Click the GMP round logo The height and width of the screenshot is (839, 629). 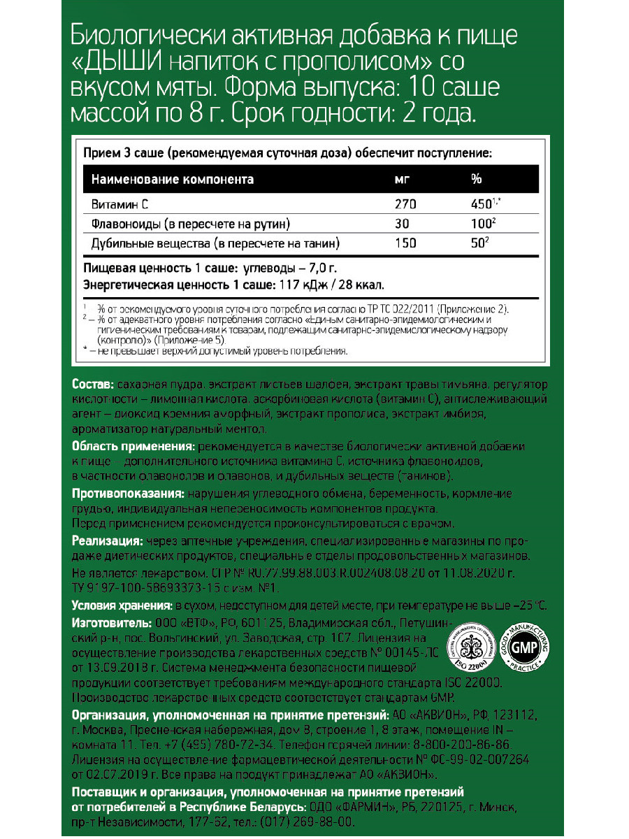(x=528, y=647)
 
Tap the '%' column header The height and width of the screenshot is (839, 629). (x=477, y=179)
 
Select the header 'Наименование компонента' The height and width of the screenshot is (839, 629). (x=173, y=179)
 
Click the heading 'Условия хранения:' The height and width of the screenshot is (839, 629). (x=121, y=605)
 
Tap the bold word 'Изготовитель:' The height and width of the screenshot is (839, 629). (x=111, y=622)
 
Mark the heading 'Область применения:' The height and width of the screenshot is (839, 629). (x=133, y=447)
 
